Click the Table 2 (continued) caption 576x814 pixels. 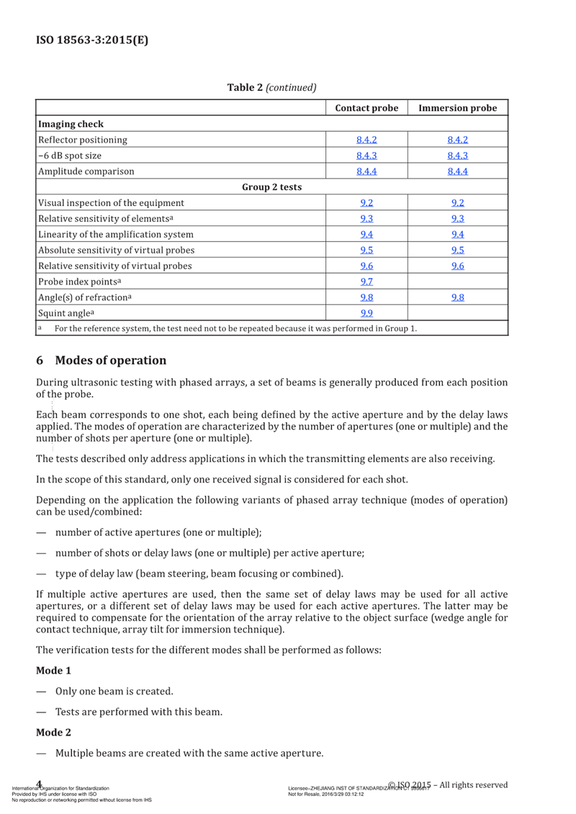coord(272,88)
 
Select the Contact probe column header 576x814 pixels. coord(366,108)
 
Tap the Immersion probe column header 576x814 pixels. coord(458,108)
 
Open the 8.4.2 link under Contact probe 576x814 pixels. coord(366,140)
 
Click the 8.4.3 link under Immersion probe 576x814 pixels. coord(458,156)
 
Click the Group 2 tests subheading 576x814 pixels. coord(271,187)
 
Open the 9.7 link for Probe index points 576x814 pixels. coord(366,282)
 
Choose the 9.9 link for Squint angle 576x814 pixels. coord(366,313)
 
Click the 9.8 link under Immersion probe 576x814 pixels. coord(458,298)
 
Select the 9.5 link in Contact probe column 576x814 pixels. coord(366,250)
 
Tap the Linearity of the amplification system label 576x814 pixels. coord(115,234)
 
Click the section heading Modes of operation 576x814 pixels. coord(110,360)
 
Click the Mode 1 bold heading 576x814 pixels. coord(54,671)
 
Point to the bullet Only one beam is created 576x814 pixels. coord(114,692)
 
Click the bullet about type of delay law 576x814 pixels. coord(199,574)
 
